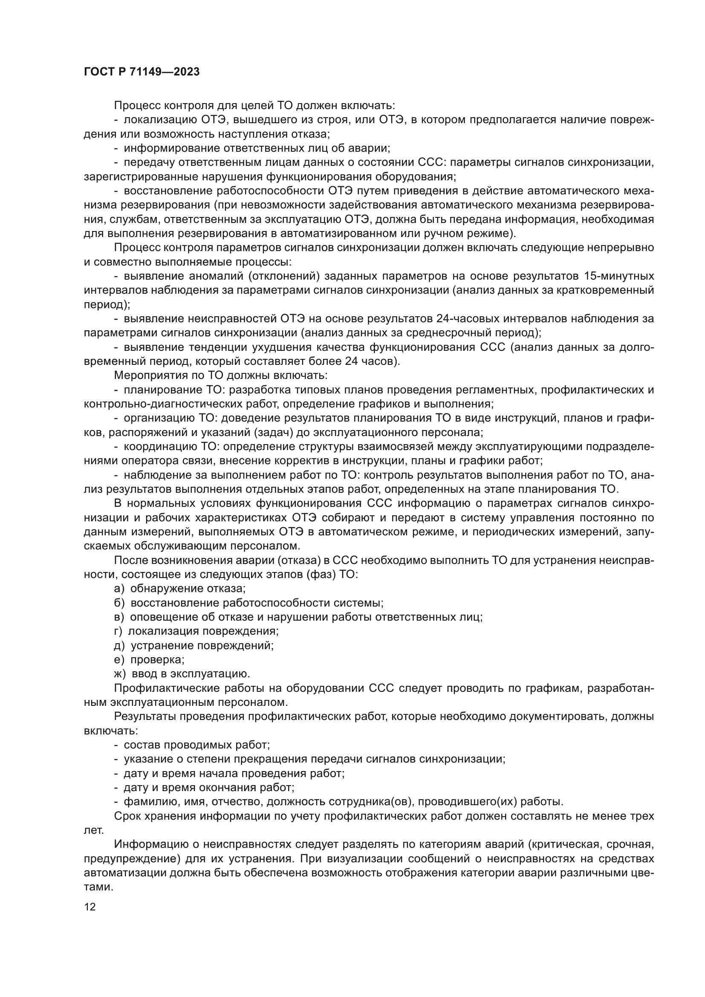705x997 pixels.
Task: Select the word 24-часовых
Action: tap(467, 319)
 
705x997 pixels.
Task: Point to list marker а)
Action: tap(119, 588)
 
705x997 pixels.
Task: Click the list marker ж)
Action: tap(120, 673)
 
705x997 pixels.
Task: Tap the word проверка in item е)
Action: tap(157, 659)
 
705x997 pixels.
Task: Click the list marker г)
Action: tap(118, 631)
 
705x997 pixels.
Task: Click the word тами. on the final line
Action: tap(98, 887)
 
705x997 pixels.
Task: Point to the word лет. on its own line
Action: tap(93, 830)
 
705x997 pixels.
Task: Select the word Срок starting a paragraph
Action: tap(128, 816)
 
